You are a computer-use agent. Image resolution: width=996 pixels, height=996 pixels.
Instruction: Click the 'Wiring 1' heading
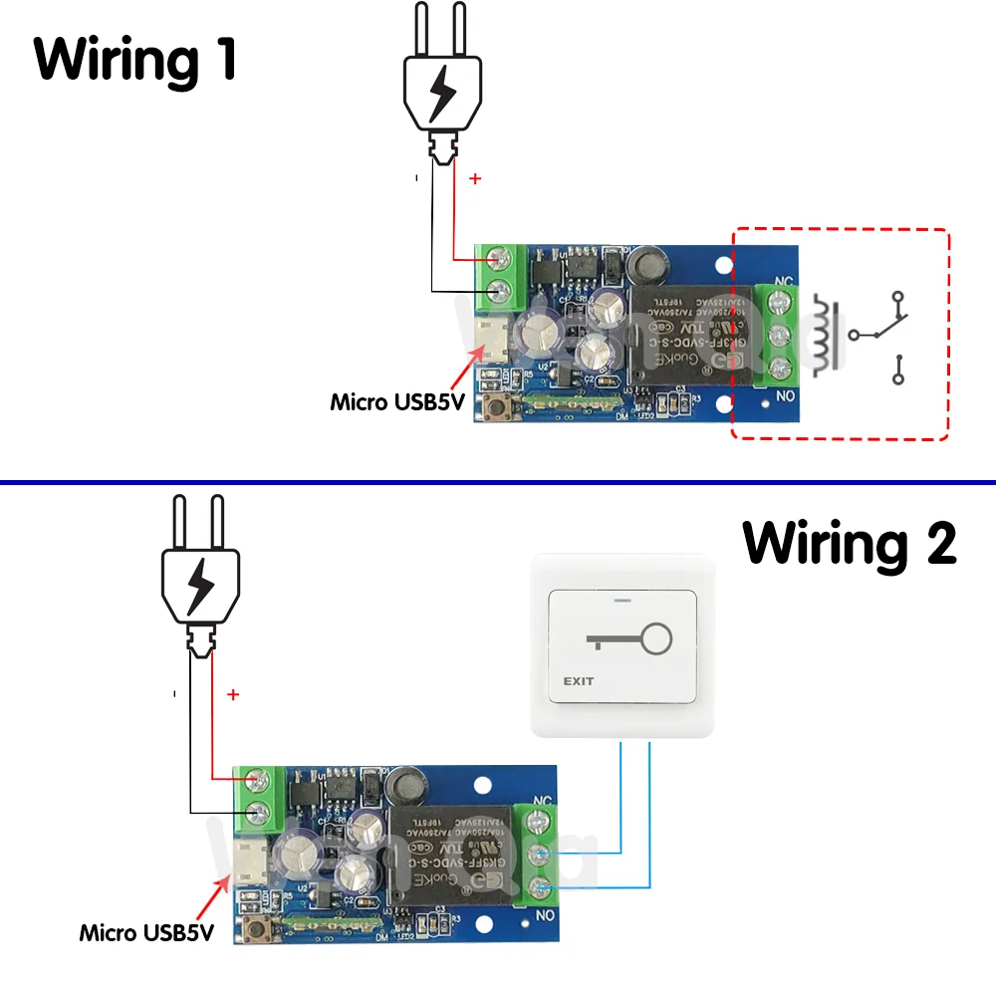(135, 60)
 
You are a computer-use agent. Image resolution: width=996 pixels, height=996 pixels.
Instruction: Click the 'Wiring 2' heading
(850, 544)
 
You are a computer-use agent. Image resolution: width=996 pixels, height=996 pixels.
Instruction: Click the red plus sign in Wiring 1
(475, 180)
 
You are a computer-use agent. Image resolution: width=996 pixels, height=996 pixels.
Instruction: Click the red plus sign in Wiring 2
(233, 694)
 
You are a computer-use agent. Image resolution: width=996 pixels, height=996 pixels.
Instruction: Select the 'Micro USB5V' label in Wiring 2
(146, 933)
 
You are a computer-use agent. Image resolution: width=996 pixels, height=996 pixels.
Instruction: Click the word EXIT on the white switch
(579, 681)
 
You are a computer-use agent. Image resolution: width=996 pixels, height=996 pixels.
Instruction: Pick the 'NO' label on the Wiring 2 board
(545, 913)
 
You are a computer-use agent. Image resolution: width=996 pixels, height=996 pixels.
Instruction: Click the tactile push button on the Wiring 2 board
(251, 931)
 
